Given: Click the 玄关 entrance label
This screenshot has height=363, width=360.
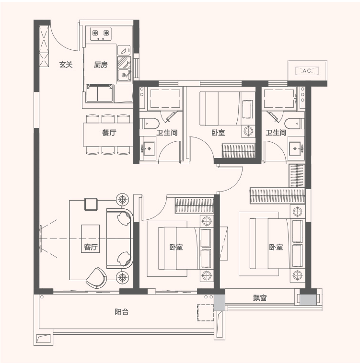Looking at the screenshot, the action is pyautogui.click(x=66, y=65).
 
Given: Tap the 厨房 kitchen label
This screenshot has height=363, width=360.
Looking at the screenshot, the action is pyautogui.click(x=101, y=65).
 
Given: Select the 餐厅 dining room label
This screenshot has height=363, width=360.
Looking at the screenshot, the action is pyautogui.click(x=109, y=133).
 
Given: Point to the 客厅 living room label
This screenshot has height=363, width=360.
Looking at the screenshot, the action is pyautogui.click(x=91, y=247).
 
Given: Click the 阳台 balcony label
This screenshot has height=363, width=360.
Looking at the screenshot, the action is pyautogui.click(x=122, y=312).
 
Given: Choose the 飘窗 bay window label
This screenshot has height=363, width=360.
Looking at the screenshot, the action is pyautogui.click(x=260, y=298).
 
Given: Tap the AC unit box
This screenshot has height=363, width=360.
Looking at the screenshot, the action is pyautogui.click(x=307, y=70).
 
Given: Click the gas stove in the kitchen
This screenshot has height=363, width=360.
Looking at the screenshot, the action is pyautogui.click(x=101, y=34).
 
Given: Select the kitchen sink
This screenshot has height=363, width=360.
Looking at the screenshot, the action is pyautogui.click(x=124, y=75).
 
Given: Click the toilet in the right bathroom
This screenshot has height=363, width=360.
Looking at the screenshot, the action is pyautogui.click(x=295, y=124).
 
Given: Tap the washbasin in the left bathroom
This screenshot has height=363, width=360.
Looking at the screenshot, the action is pyautogui.click(x=148, y=148).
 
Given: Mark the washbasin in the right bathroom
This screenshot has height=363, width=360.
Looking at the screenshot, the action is pyautogui.click(x=296, y=148).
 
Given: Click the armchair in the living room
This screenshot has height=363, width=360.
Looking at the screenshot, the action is pyautogui.click(x=96, y=278).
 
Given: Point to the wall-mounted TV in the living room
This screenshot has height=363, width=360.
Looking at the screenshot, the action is pyautogui.click(x=41, y=238).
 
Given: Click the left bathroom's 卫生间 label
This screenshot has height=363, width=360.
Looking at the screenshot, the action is pyautogui.click(x=167, y=133).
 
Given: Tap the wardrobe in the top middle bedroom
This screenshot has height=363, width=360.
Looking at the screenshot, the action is pyautogui.click(x=239, y=151).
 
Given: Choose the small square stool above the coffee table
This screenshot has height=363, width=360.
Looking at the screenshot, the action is pyautogui.click(x=91, y=204).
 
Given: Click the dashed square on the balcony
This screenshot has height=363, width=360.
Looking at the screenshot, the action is pyautogui.click(x=205, y=313).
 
